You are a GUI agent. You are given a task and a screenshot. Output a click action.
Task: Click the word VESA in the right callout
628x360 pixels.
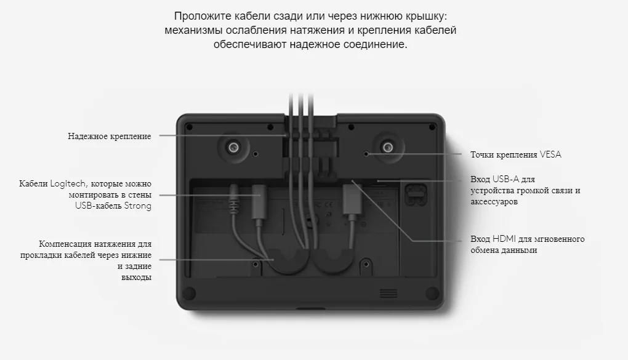(x=550, y=154)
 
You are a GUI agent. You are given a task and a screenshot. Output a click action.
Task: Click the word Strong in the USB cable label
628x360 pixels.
(x=138, y=206)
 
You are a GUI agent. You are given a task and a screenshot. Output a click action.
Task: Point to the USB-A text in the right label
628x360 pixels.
(x=506, y=179)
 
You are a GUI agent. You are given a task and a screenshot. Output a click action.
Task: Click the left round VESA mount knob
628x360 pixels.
(x=233, y=148)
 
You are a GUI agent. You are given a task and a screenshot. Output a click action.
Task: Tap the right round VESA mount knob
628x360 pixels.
(x=387, y=148)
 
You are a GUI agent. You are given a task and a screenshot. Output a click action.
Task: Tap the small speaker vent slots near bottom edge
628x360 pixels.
(x=388, y=293)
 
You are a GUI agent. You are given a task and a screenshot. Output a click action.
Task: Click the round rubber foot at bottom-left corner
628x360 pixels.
(x=190, y=294)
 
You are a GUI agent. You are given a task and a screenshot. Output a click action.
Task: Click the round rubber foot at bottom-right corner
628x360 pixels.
(x=432, y=294)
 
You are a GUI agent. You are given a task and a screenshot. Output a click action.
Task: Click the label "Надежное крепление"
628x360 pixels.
(x=110, y=137)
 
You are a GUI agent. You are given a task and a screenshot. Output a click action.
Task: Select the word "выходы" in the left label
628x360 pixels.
(x=137, y=278)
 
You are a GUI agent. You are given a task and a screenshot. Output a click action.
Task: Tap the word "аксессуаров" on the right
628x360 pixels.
(x=494, y=201)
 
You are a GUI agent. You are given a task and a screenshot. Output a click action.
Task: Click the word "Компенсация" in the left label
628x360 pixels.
(x=65, y=244)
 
